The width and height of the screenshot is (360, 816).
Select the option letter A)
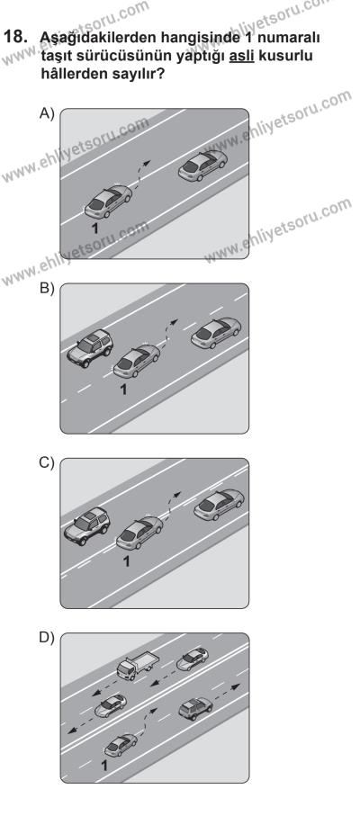pos(47,113)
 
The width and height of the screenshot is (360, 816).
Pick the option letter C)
pos(47,463)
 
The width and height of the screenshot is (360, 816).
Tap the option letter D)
pos(47,638)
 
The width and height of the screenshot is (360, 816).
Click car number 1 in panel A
pos(108,202)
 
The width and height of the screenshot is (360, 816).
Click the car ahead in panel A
pos(202,166)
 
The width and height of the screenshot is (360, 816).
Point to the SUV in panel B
pos(90,348)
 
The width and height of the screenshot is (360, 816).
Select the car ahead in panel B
pos(216,333)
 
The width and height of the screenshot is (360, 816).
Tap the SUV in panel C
pos(87,526)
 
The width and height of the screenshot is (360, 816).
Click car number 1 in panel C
pos(139,534)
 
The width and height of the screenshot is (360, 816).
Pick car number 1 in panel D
pos(121,745)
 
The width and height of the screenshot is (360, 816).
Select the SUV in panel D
pos(195,708)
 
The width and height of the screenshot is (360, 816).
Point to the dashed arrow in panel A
pos(139,175)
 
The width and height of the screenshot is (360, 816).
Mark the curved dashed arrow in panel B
pos(167,333)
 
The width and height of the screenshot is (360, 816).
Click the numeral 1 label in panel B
pos(123,390)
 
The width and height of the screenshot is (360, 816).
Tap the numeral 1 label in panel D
pos(104,766)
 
